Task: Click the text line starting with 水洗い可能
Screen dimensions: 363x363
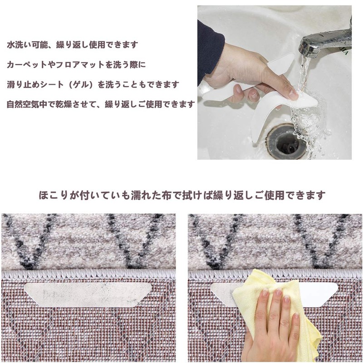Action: (x=73, y=45)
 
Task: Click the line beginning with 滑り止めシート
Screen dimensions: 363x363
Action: (x=93, y=84)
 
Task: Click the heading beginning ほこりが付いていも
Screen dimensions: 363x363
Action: (x=181, y=196)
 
